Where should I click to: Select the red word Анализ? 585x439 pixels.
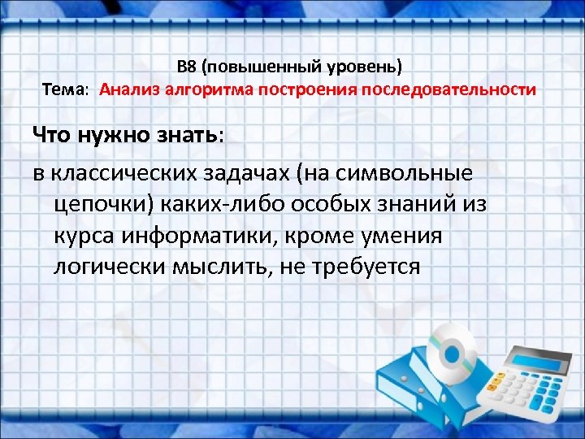point(130,89)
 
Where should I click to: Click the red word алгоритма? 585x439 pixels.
point(210,89)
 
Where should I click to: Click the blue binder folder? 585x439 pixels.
point(427,398)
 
